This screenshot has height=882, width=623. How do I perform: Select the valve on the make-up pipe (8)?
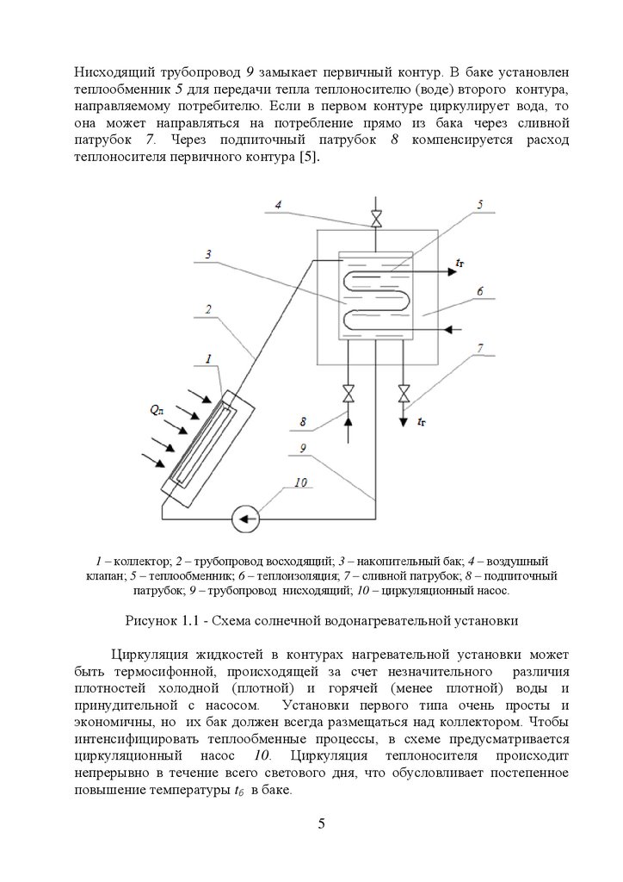click(x=349, y=394)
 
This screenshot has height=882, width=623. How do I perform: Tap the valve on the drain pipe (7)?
click(x=403, y=394)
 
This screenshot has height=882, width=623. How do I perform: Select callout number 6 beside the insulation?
click(x=478, y=292)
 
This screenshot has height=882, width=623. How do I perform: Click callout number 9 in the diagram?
click(x=303, y=448)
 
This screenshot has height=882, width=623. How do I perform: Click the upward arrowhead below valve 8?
click(x=349, y=418)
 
